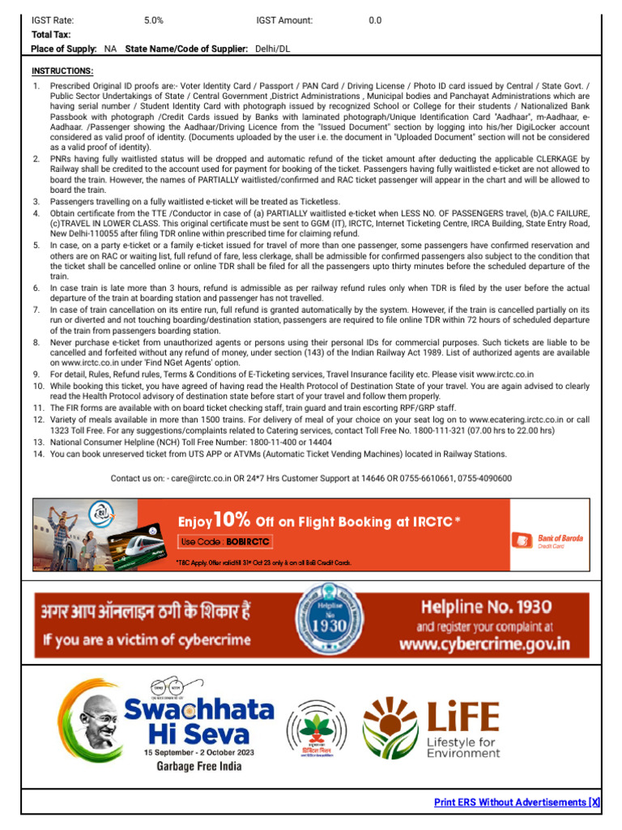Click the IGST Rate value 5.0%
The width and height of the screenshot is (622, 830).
153,20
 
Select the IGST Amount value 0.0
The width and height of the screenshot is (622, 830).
375,20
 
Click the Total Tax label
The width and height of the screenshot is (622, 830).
51,35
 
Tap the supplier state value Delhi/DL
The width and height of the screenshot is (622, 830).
272,49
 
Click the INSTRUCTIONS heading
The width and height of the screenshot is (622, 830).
62,71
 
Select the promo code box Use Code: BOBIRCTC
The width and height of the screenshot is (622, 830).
225,541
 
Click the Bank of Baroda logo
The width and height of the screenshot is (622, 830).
549,541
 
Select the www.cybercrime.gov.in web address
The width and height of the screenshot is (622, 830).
484,644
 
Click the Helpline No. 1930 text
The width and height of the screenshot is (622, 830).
486,606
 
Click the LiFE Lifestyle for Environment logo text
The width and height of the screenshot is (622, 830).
462,717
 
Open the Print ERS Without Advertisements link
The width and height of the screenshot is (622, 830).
517,802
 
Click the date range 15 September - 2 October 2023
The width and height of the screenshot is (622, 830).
198,752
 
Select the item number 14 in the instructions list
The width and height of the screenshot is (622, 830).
37,455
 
